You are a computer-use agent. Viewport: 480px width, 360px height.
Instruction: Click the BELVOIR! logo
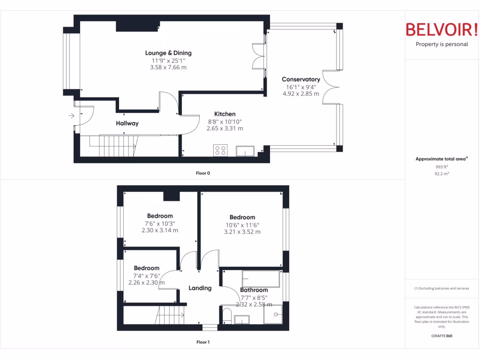tap(441, 30)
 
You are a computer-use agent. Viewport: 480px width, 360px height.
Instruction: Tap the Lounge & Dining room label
tap(168, 53)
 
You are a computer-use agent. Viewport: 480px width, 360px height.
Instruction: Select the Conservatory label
tap(301, 80)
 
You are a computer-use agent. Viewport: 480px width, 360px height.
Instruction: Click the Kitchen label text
tap(225, 114)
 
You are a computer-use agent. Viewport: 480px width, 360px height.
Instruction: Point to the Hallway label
tap(127, 123)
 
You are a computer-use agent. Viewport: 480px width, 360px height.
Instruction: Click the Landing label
tap(200, 288)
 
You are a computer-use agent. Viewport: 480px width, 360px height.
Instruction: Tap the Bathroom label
tap(254, 290)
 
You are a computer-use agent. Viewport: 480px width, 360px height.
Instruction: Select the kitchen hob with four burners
tap(220, 150)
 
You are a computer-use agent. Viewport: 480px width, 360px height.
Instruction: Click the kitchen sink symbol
tap(246, 151)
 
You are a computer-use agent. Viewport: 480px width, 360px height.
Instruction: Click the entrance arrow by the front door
tap(71, 115)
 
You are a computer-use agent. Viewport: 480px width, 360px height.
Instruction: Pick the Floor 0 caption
tap(203, 173)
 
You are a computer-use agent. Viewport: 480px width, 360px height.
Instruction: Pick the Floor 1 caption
tap(203, 342)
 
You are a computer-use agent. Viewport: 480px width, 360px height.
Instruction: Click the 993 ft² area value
tap(441, 167)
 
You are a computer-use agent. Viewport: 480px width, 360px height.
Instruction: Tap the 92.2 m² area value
tap(441, 173)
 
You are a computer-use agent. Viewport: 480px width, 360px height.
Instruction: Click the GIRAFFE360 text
tap(442, 336)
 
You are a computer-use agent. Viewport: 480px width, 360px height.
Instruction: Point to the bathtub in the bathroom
tap(261, 279)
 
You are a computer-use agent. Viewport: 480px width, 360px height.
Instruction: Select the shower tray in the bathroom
tap(273, 315)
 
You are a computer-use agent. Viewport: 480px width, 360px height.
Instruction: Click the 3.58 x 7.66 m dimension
tap(169, 67)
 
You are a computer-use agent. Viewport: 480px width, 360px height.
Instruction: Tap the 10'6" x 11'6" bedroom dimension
tap(242, 225)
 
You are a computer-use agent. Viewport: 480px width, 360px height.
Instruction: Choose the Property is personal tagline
tap(442, 45)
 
